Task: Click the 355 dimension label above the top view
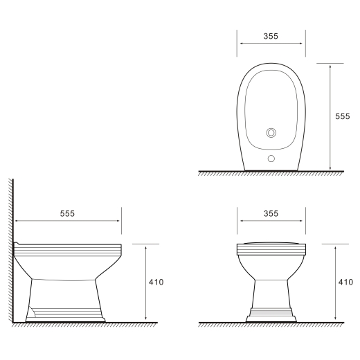click(271, 36)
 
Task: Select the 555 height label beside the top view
click(343, 116)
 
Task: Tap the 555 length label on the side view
click(67, 214)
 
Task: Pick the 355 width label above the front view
click(271, 214)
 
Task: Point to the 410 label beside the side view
click(156, 282)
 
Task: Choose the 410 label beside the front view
click(345, 282)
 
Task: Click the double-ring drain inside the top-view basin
click(271, 133)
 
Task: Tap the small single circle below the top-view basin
click(271, 159)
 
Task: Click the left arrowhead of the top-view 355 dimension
click(242, 44)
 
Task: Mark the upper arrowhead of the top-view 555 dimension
click(330, 66)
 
